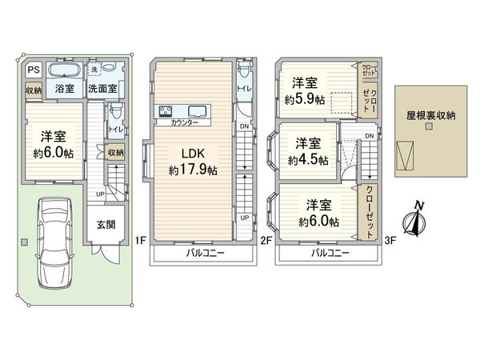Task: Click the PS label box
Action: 33,70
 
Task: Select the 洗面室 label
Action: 102,88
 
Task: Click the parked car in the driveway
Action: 54,247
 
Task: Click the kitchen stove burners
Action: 168,111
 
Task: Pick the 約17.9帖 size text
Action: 194,170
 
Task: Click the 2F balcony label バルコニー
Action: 206,253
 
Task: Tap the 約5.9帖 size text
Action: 304,100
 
